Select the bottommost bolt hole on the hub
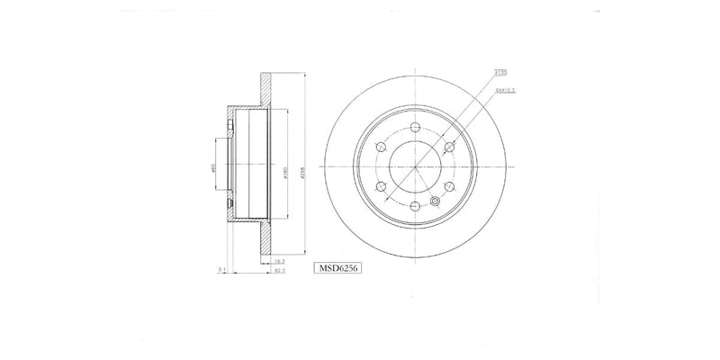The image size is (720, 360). coord(414,207)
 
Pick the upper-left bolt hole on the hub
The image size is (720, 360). coord(379,147)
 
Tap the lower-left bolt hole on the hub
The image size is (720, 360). coord(379,187)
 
